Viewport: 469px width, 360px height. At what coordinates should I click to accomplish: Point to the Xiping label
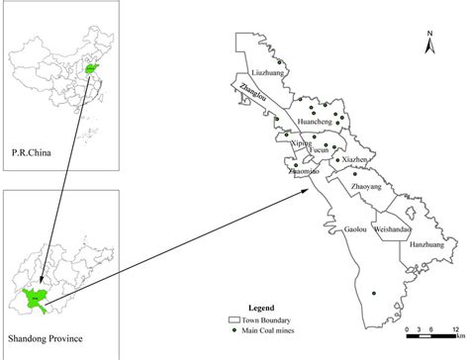click(298, 144)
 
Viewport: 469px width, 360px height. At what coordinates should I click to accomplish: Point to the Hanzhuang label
click(426, 242)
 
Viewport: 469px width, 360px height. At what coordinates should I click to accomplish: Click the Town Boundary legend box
click(234, 318)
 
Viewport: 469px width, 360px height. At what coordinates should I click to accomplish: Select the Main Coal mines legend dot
click(234, 327)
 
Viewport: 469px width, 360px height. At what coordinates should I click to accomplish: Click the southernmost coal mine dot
click(374, 293)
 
